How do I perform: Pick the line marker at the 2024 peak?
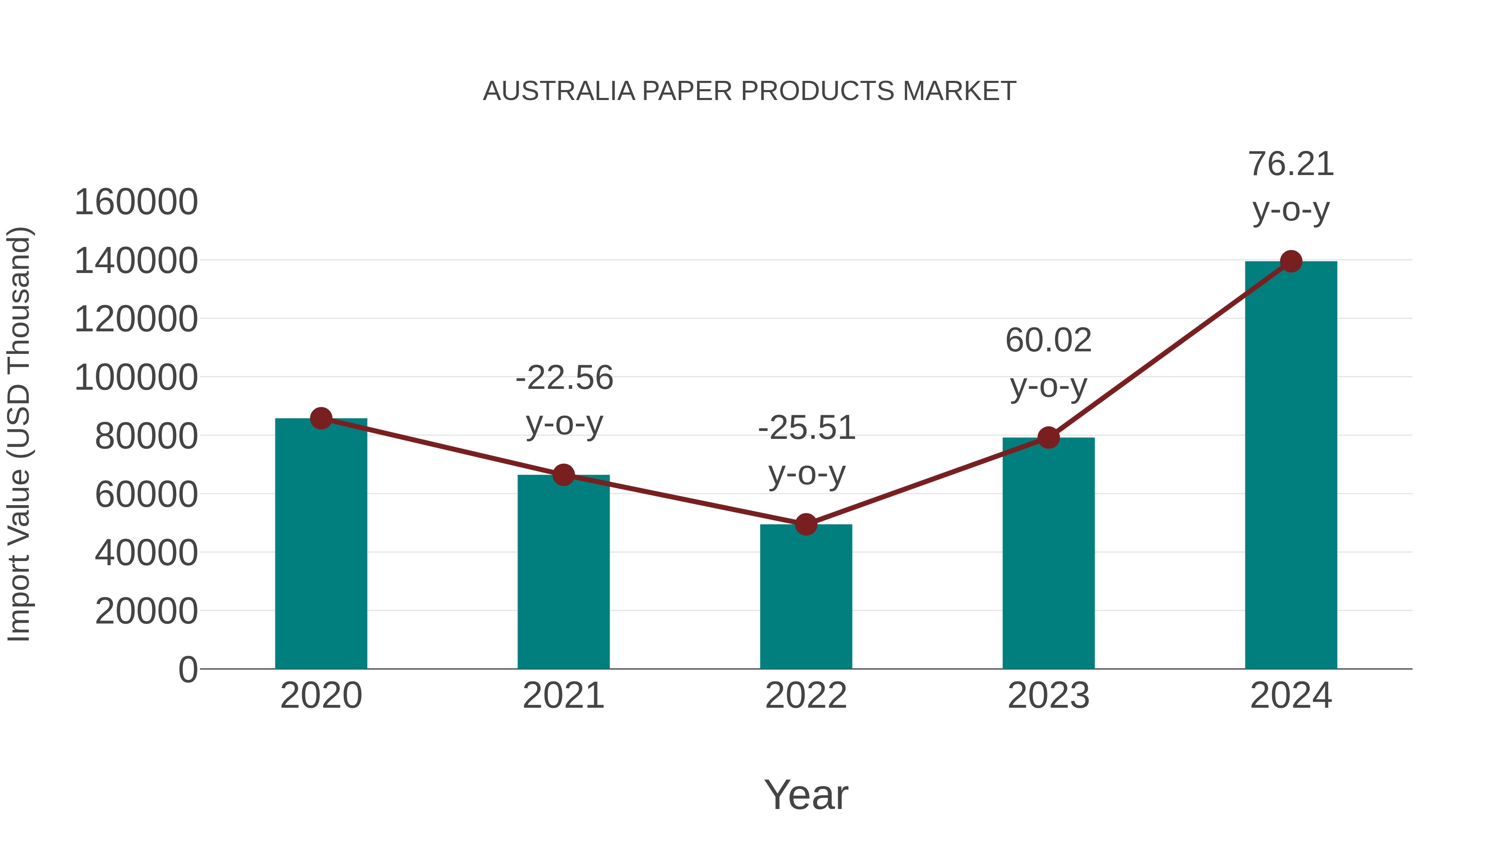pyautogui.click(x=1291, y=261)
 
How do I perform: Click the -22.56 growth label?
pyautogui.click(x=564, y=378)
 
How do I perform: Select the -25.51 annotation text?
pyautogui.click(x=807, y=428)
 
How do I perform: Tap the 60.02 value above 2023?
pyautogui.click(x=1048, y=340)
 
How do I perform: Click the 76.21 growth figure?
pyautogui.click(x=1291, y=164)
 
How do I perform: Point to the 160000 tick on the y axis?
pyautogui.click(x=136, y=202)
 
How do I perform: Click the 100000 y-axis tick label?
pyautogui.click(x=136, y=378)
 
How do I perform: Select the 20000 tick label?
pyautogui.click(x=146, y=611)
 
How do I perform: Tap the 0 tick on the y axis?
pyautogui.click(x=188, y=669)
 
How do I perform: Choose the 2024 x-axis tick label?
pyautogui.click(x=1291, y=696)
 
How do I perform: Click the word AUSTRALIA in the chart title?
pyautogui.click(x=559, y=91)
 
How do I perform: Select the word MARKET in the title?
pyautogui.click(x=959, y=91)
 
